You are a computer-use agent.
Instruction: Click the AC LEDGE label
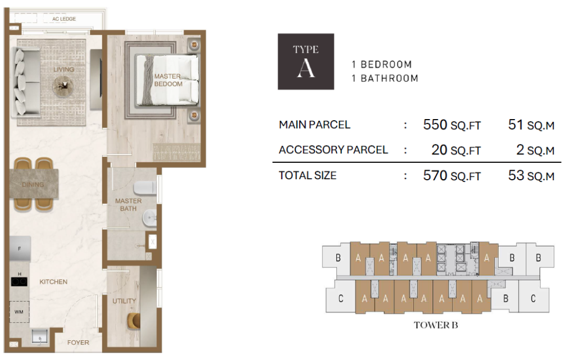(64, 19)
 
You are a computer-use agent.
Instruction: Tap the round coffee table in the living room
(63, 86)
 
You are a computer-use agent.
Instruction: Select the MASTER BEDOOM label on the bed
(168, 80)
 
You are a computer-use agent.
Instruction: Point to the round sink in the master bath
(149, 218)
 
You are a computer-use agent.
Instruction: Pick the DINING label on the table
(33, 184)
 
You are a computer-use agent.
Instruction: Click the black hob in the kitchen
(19, 281)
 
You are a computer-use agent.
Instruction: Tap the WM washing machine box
(19, 312)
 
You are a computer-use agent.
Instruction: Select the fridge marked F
(20, 249)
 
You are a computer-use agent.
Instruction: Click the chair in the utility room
(134, 321)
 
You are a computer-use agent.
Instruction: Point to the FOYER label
(78, 343)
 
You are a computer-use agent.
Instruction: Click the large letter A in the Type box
(306, 68)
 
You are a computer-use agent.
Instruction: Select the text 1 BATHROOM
(385, 78)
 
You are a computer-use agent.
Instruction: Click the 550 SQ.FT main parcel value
(452, 125)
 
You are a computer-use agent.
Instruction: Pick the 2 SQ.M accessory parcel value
(535, 149)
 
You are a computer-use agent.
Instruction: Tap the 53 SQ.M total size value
(531, 175)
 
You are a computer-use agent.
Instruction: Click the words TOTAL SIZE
(307, 175)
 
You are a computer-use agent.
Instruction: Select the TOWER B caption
(436, 325)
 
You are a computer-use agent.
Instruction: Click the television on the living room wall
(96, 80)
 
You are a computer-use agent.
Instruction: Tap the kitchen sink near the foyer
(40, 336)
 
